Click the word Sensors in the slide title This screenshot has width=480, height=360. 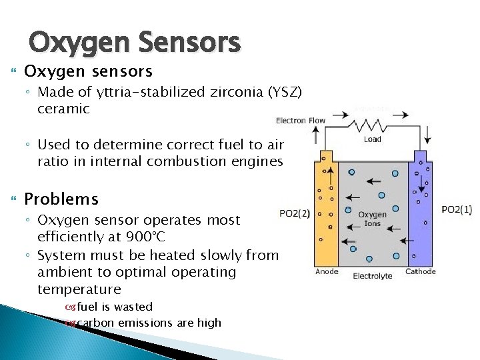coord(191,43)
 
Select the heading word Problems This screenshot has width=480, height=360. coord(61,199)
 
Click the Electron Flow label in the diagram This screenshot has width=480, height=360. coord(301,121)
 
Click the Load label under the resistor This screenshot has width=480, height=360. coord(373,139)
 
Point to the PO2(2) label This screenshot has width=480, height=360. coord(294,213)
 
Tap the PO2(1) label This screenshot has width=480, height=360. coord(457,209)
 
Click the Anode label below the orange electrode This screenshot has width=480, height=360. coord(327,271)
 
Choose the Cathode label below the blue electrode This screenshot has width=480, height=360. coord(421,271)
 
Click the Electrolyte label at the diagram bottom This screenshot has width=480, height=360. coord(372,276)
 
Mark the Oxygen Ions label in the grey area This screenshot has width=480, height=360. coord(373,219)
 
